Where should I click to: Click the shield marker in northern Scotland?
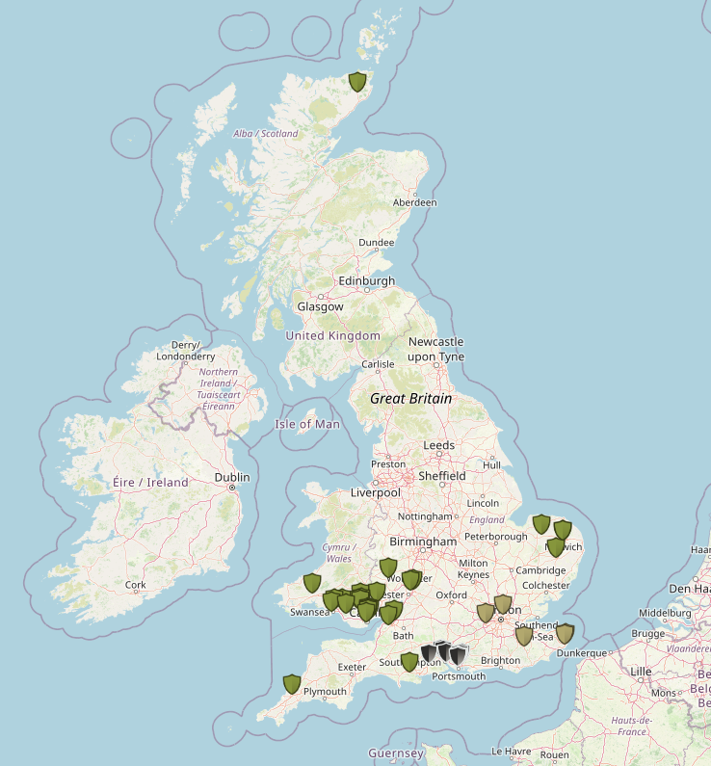357,82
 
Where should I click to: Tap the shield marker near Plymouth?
292,684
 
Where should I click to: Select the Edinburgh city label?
366,280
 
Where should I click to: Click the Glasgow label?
320,306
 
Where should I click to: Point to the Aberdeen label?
415,202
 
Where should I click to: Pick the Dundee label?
376,243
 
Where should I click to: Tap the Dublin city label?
231,477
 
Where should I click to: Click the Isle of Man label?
307,424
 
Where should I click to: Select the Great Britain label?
411,397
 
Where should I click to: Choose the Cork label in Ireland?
135,584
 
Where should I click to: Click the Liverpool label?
375,492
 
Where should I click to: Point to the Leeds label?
438,445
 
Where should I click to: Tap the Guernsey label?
395,753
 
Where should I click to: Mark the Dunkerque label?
581,652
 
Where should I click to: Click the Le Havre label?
512,751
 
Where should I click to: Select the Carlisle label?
377,364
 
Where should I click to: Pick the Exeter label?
352,666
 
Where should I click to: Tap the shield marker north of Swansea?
311,582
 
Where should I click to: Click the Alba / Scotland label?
266,133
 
